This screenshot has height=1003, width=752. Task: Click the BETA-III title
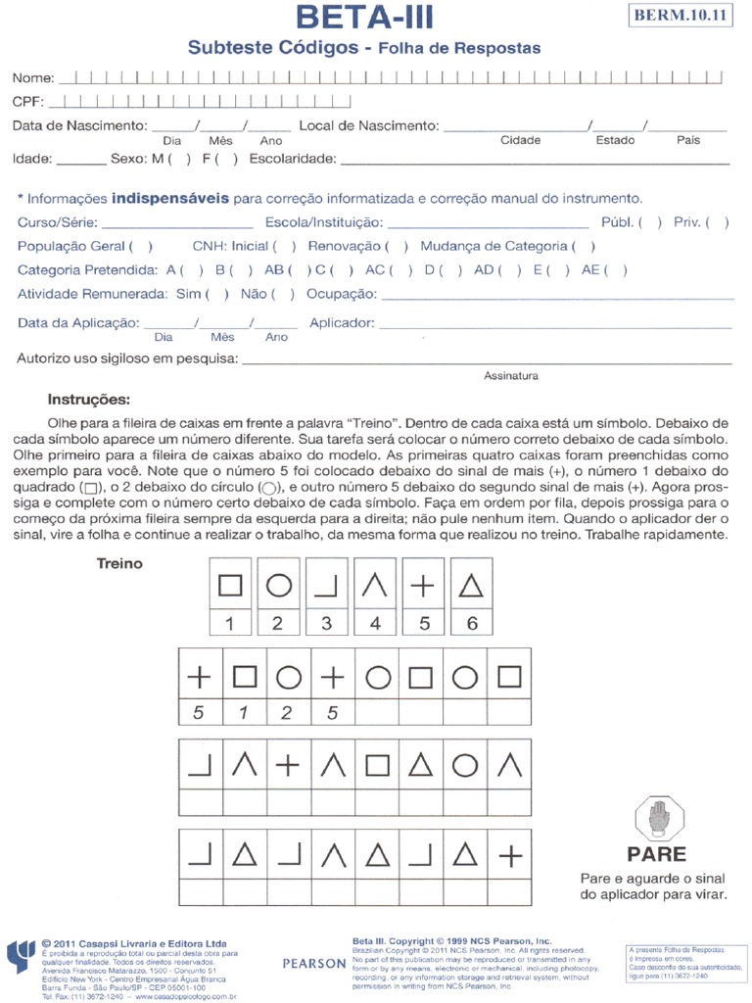pyautogui.click(x=363, y=18)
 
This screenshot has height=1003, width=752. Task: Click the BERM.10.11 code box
pyautogui.click(x=681, y=16)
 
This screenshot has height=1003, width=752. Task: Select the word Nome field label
pyautogui.click(x=32, y=77)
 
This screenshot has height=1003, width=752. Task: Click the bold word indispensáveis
pyautogui.click(x=170, y=198)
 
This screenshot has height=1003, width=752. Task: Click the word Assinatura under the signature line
pyautogui.click(x=510, y=375)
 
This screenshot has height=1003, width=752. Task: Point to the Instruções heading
pyautogui.click(x=88, y=400)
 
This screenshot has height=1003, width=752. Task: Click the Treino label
pyautogui.click(x=119, y=563)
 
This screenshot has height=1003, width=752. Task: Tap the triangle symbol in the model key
pyautogui.click(x=472, y=585)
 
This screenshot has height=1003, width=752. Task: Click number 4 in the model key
pyautogui.click(x=375, y=623)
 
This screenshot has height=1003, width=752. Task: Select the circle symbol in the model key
pyautogui.click(x=278, y=585)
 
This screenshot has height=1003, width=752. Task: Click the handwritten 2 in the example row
pyautogui.click(x=286, y=713)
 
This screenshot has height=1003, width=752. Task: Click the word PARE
pyautogui.click(x=657, y=853)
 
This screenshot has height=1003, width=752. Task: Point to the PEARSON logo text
pyautogui.click(x=314, y=963)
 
